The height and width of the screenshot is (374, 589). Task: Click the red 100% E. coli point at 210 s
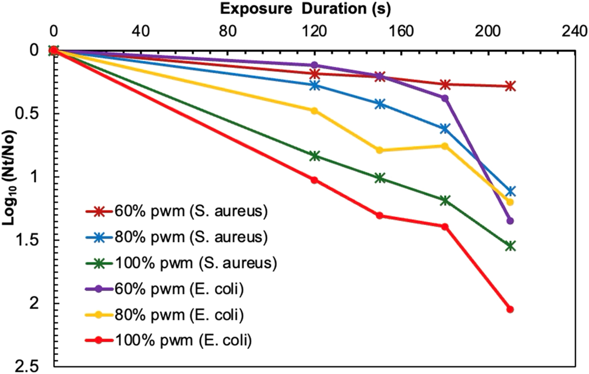(510, 309)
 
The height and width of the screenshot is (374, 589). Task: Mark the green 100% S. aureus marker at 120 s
(314, 156)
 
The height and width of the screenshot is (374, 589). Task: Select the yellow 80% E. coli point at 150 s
(380, 150)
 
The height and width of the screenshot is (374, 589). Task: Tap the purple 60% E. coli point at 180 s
(445, 98)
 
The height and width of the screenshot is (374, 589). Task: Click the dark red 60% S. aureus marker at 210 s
(510, 86)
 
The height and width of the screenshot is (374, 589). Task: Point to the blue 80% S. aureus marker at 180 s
(445, 129)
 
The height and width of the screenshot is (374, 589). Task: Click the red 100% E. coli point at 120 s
(314, 180)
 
